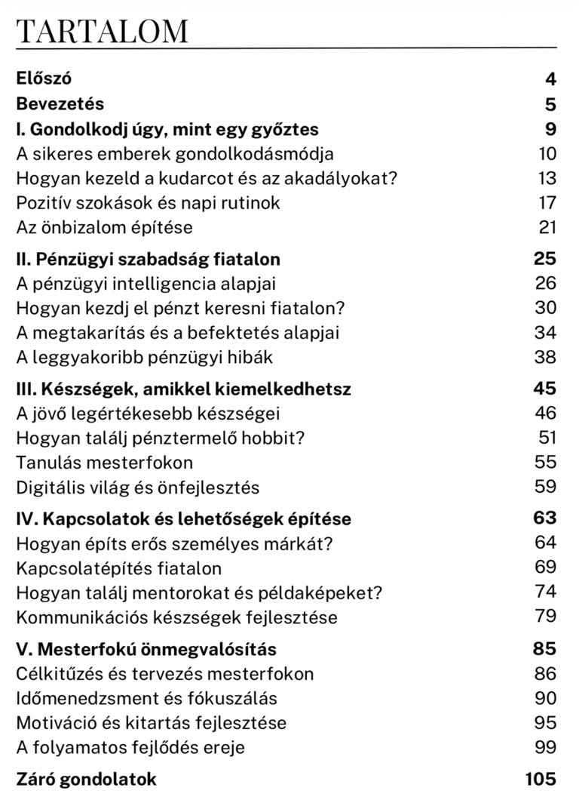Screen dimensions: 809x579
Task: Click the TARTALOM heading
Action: pos(102,31)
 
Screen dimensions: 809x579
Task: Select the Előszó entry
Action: pos(44,78)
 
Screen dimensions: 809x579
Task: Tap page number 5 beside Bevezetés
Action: pos(551,104)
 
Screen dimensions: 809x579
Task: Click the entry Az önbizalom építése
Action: pos(105,227)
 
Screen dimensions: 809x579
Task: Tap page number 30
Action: pos(546,308)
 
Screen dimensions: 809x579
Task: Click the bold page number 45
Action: pos(545,389)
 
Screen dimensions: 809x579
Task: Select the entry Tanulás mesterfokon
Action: pos(105,463)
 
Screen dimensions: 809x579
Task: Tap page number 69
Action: pos(546,567)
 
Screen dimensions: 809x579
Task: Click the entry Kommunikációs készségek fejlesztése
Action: pos(176,617)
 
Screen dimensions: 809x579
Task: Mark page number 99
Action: pos(546,747)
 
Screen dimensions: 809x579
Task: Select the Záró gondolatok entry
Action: pos(87,779)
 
